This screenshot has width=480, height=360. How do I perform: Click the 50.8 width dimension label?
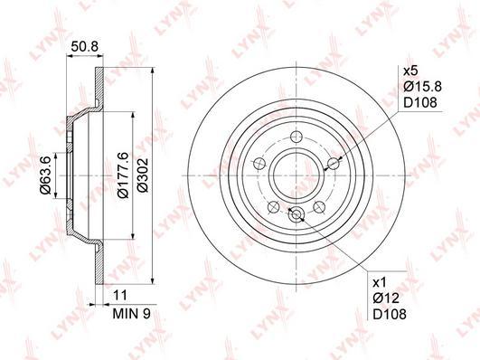84,47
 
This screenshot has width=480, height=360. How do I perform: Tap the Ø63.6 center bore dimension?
45,175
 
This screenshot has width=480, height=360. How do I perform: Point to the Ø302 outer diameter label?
143,175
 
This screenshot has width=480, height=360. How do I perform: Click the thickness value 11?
120,296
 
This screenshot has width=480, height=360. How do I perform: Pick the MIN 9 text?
132,314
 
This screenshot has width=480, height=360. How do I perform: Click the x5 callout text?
410,71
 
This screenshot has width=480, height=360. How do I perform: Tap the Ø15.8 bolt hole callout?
422,87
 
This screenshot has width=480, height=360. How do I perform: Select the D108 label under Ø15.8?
420,102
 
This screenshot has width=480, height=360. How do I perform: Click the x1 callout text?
380,282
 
